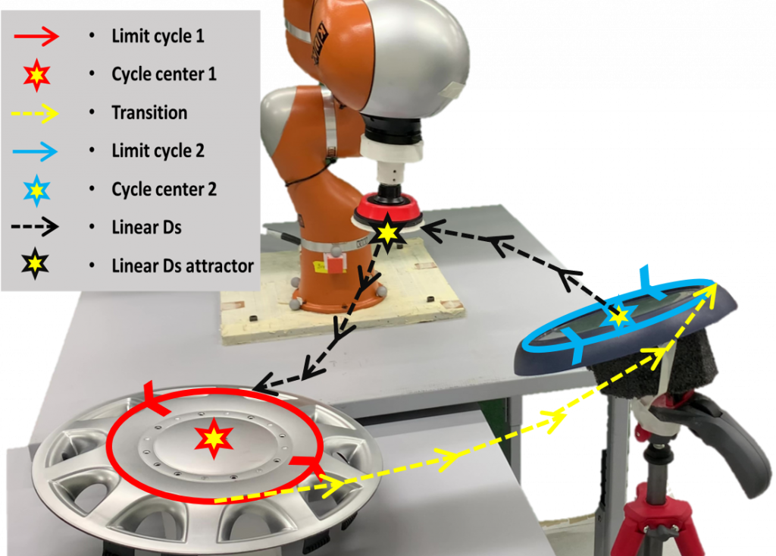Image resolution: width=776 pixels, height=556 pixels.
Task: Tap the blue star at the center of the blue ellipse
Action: coord(618,316)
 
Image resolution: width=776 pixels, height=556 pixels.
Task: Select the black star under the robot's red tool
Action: coord(387,232)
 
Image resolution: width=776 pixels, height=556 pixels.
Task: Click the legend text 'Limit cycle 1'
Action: coord(158,36)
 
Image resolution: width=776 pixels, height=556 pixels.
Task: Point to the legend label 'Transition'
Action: coord(149,112)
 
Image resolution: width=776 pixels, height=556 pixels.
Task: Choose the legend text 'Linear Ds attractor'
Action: coord(183,265)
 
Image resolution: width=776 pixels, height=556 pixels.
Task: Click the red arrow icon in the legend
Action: coord(36,36)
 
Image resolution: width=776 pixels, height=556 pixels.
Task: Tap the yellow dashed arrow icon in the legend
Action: coord(35,114)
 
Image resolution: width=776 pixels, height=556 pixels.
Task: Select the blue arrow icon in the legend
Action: coord(35,151)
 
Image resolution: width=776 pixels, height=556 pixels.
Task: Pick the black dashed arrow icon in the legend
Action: coord(35,227)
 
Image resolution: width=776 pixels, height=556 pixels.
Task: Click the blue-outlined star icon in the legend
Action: coord(36,190)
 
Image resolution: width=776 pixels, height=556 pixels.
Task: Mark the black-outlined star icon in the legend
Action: coord(35,264)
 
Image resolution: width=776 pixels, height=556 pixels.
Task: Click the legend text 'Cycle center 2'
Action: coord(164,189)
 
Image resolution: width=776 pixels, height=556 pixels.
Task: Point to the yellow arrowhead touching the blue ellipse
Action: coord(706,293)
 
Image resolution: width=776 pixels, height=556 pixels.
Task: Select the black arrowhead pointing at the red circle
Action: coord(263,382)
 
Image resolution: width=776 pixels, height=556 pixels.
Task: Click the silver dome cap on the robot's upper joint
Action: coord(416,59)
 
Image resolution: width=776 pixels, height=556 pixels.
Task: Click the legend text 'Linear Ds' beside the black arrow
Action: coord(146,227)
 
